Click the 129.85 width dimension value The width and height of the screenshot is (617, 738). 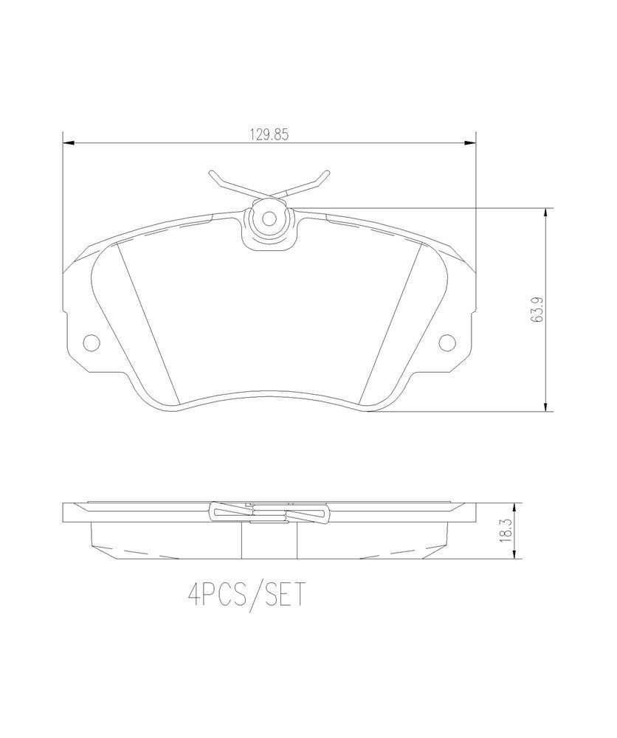[x=269, y=134]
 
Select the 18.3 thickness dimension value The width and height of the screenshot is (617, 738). [x=506, y=531]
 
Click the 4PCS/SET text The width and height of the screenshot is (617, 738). [x=247, y=596]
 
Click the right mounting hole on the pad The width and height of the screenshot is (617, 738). [x=447, y=342]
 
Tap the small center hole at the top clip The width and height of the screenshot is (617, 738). [x=269, y=218]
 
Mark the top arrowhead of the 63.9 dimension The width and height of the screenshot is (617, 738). [x=545, y=214]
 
